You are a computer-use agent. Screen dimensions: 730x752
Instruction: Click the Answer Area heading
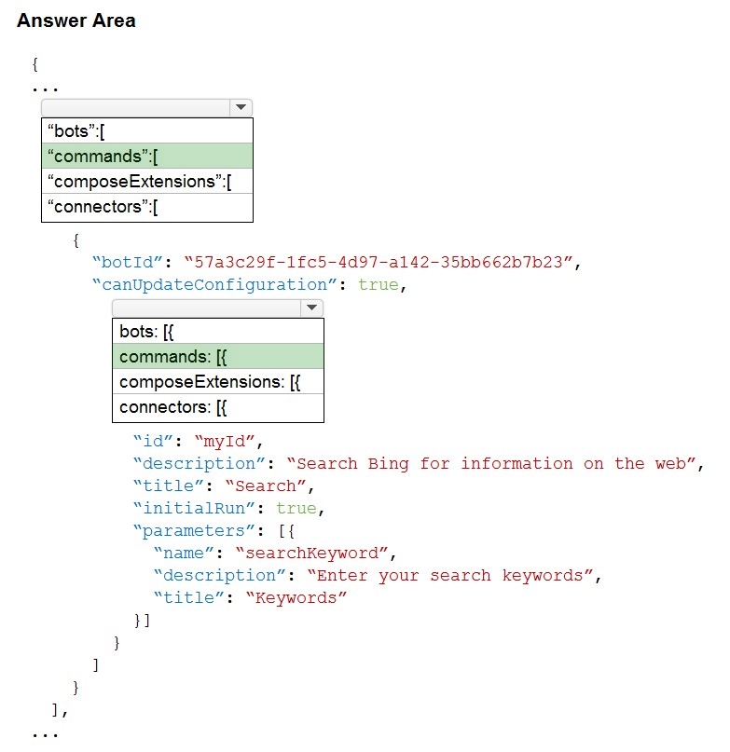pos(76,21)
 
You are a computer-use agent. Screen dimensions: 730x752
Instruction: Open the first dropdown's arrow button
pos(241,107)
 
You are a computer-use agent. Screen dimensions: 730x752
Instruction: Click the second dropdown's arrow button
pos(311,308)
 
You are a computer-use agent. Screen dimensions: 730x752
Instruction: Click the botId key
pos(128,263)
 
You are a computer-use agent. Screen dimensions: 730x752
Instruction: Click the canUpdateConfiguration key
pos(214,285)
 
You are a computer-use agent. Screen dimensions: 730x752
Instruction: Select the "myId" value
pos(225,441)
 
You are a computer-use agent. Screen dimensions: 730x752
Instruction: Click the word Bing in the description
pos(388,464)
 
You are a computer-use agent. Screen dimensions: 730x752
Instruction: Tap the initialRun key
pos(194,509)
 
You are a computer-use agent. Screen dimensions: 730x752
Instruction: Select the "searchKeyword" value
pos(311,553)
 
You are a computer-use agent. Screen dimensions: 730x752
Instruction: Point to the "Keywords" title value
pos(296,598)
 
